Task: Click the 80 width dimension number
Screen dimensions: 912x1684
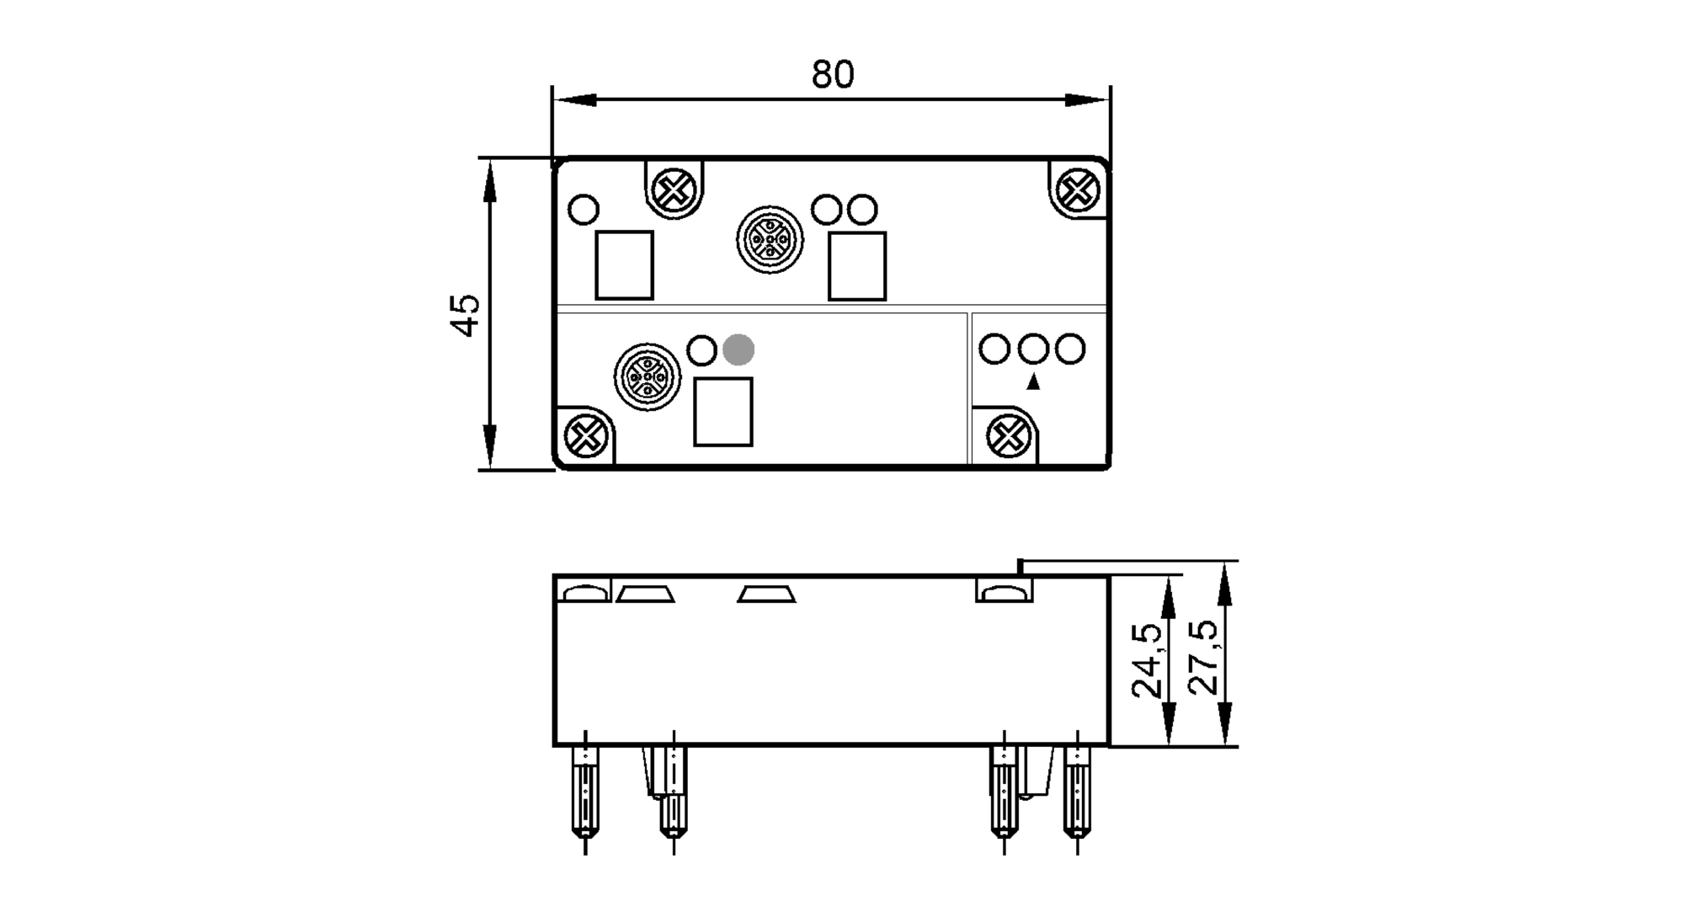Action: click(832, 75)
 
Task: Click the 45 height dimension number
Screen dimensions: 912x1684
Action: click(466, 314)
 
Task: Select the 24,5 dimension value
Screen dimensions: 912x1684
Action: click(1147, 660)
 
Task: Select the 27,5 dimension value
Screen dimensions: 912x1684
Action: click(1203, 657)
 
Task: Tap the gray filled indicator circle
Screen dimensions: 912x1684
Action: click(738, 349)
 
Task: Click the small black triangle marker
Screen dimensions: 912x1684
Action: click(1033, 382)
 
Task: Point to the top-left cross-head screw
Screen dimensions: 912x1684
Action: click(673, 190)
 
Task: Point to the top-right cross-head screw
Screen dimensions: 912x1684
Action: click(1077, 190)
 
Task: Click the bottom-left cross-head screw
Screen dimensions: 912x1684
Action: click(585, 435)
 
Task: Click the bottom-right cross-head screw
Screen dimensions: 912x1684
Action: click(1009, 435)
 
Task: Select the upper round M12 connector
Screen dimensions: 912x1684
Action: click(770, 240)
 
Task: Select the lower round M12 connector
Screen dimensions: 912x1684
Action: click(647, 376)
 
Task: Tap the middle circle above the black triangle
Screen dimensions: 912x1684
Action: click(1032, 349)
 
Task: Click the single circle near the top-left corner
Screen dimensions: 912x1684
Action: click(584, 209)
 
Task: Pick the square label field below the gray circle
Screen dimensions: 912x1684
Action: click(722, 412)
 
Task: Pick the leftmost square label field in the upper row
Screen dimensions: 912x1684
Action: click(624, 265)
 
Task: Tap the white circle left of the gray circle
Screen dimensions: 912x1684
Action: click(702, 349)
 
